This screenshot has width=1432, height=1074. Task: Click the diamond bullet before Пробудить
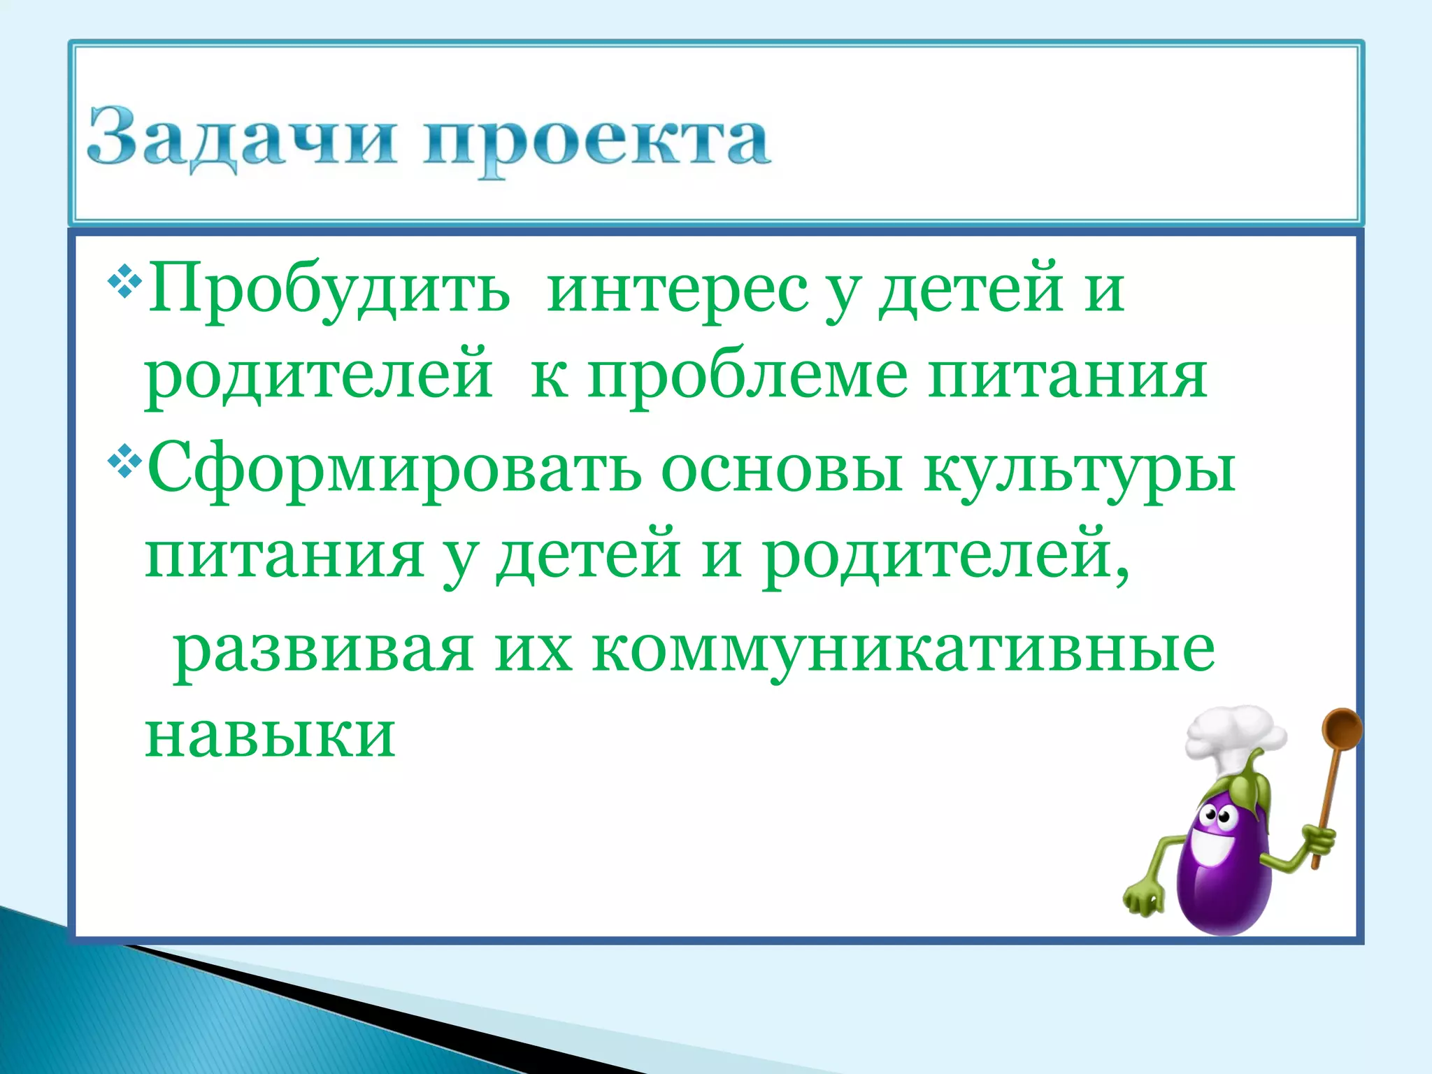(125, 283)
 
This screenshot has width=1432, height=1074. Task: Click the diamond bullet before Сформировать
(125, 462)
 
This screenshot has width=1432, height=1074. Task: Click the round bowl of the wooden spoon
(1342, 730)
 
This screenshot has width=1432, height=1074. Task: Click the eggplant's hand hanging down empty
(1144, 898)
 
